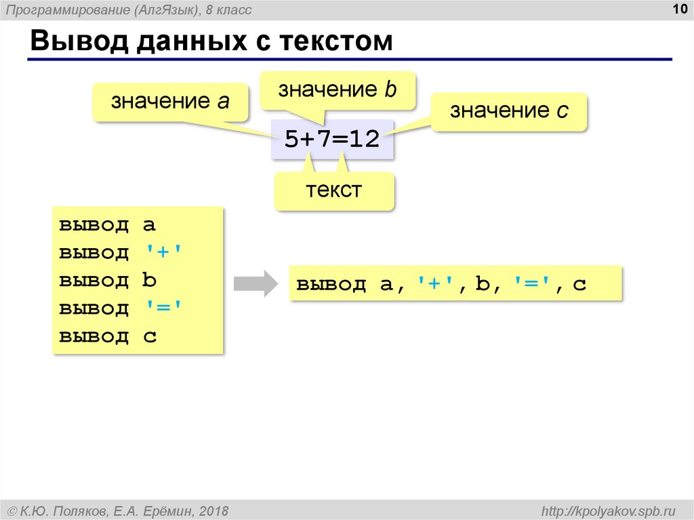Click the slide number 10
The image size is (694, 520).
pos(678,7)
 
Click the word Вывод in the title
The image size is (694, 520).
pos(77,41)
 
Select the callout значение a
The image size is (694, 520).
pos(171,102)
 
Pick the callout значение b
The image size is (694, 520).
pos(337,90)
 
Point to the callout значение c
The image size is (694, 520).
pos(509,111)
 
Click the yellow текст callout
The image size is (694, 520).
pos(334,190)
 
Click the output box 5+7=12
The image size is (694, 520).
pos(331,140)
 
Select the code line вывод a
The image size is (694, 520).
pos(108,225)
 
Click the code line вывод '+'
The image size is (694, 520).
pos(121,253)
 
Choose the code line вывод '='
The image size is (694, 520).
pos(121,308)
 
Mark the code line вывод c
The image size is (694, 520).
pos(108,336)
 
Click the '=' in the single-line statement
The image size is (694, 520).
pos(528,284)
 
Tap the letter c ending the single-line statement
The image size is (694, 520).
pos(579,285)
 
